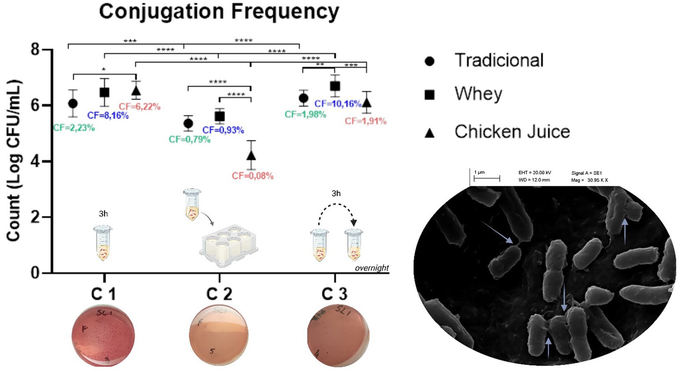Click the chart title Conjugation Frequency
[219, 12]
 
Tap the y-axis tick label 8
[36, 49]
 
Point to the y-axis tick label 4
[36, 161]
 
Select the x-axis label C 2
[219, 294]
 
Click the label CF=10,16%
[338, 104]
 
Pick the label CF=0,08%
[252, 176]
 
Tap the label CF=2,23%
[74, 128]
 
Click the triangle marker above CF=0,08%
[251, 156]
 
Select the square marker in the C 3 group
[335, 86]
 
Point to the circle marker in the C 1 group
[73, 103]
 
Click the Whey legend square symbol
[429, 95]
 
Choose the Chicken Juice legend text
[512, 132]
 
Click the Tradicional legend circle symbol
[429, 61]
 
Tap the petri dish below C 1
[103, 336]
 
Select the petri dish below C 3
[338, 335]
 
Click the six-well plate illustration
[229, 246]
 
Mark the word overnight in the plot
[372, 268]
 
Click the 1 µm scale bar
[486, 179]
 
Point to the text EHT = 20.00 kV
[534, 173]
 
